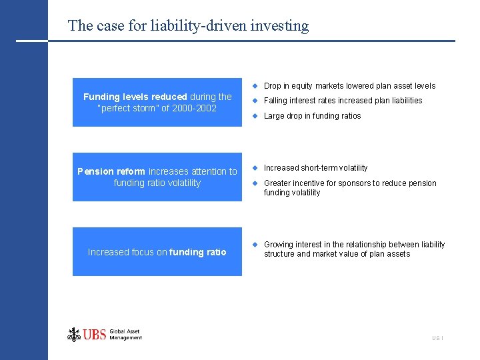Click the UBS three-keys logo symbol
point(73,334)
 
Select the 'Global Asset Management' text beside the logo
point(125,335)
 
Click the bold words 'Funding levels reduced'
point(135,97)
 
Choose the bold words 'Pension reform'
point(111,171)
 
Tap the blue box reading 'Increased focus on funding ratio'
point(157,252)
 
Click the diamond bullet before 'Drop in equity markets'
point(254,85)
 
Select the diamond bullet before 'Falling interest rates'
point(254,101)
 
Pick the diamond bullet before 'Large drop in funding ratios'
point(254,115)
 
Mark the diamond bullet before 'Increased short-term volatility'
point(254,167)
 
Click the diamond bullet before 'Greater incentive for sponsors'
point(254,183)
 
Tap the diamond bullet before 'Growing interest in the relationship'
point(254,244)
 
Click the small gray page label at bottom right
point(437,339)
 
